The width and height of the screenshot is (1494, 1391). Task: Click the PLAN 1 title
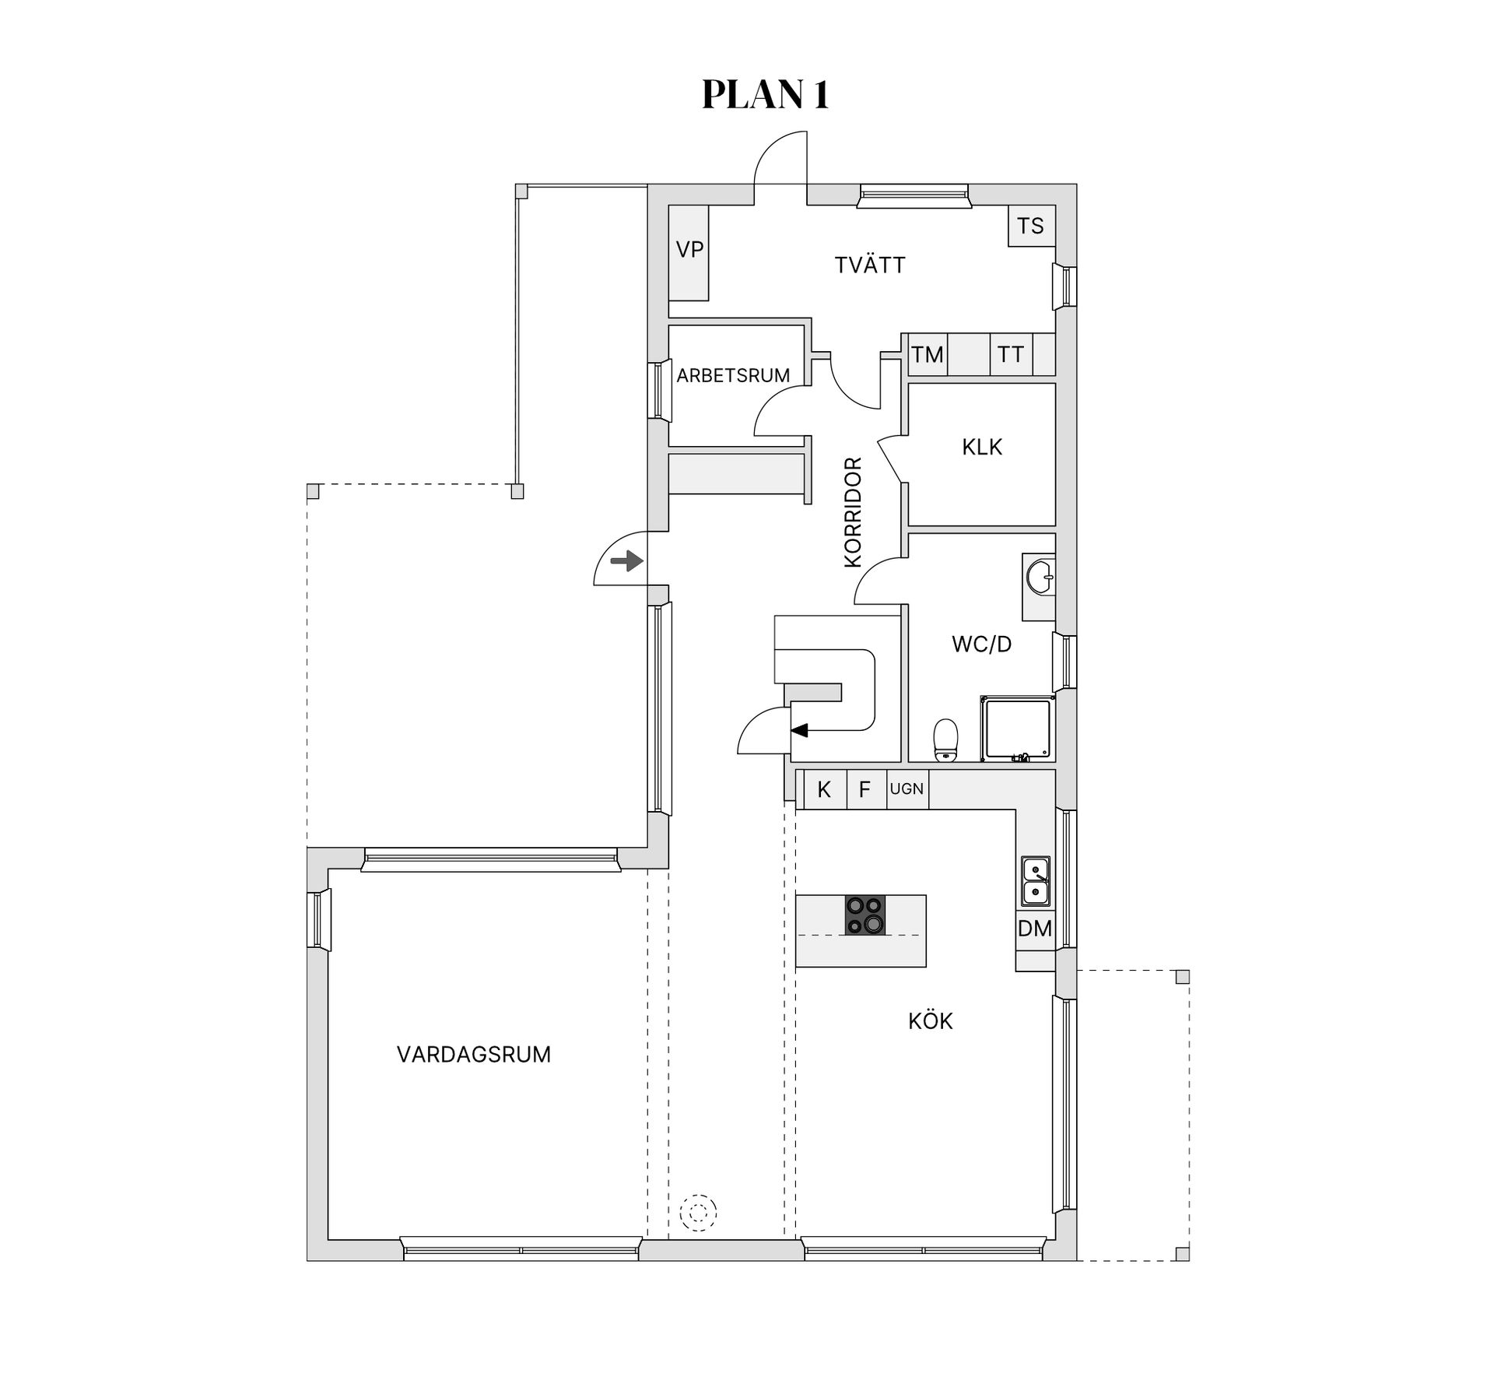click(x=766, y=94)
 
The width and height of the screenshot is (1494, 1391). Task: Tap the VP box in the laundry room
click(x=689, y=253)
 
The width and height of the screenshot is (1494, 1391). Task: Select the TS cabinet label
click(x=1030, y=226)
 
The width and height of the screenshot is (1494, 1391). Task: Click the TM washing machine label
click(x=928, y=355)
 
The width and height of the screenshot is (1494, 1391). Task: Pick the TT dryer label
click(x=1010, y=355)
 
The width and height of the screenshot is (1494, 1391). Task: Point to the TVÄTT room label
click(x=870, y=265)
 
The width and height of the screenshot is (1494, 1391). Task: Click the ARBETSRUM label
click(x=733, y=375)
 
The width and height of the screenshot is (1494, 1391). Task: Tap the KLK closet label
click(x=982, y=447)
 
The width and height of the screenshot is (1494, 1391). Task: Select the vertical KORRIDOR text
click(x=853, y=511)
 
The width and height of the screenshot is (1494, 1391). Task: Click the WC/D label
click(x=981, y=644)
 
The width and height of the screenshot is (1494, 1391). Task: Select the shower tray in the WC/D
click(x=1017, y=729)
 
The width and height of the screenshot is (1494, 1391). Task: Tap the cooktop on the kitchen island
click(x=865, y=915)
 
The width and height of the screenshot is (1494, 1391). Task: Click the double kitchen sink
click(x=1035, y=881)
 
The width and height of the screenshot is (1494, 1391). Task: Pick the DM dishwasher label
click(x=1035, y=928)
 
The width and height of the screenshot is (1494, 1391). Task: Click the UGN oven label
click(x=907, y=789)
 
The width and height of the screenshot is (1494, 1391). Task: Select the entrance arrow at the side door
click(x=626, y=560)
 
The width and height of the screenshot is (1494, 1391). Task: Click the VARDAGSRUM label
click(x=474, y=1054)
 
